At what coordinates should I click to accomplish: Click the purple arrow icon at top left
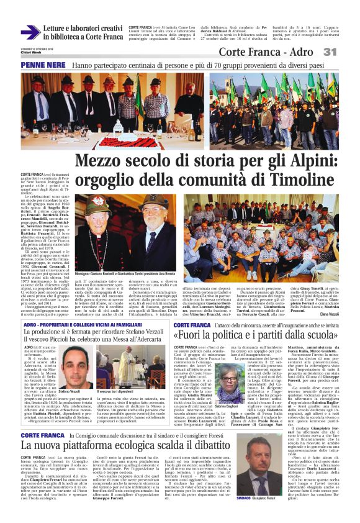tap(30, 32)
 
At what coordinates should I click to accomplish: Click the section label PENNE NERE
tap(43, 65)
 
